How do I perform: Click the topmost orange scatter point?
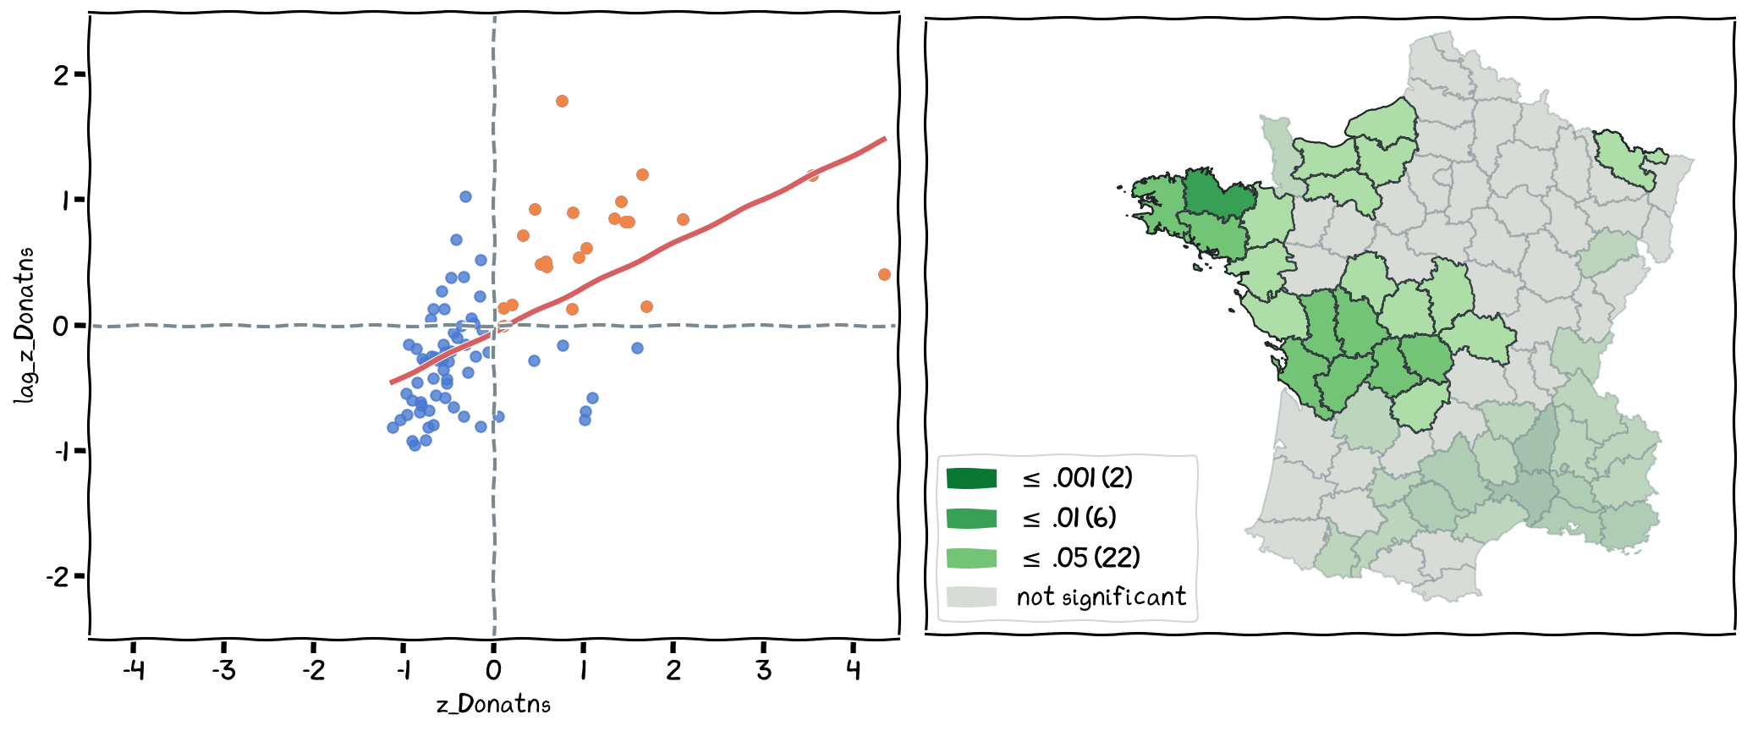[562, 102]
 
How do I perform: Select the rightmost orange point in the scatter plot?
[884, 274]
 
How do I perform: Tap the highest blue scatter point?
[465, 196]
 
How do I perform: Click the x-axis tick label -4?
[134, 671]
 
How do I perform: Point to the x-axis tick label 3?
[763, 671]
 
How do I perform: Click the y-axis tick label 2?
[61, 75]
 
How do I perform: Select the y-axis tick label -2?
[58, 578]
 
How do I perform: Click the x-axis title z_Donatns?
[493, 705]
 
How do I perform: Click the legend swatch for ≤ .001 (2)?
[971, 479]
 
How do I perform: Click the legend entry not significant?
[1101, 597]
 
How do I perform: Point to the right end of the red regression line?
[885, 138]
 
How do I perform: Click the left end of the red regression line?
[391, 383]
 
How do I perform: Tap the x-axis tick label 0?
[493, 671]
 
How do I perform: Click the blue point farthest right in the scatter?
[637, 348]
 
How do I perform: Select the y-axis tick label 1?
[61, 200]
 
